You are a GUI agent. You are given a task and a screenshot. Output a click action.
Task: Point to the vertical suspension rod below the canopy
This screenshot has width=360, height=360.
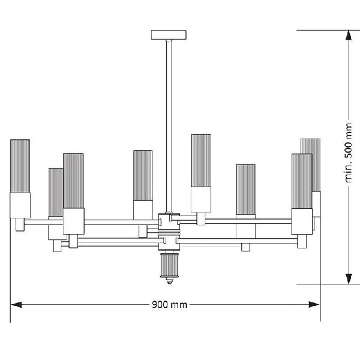pyautogui.click(x=169, y=120)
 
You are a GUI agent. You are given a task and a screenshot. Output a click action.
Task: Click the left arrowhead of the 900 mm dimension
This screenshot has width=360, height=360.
pyautogui.click(x=17, y=304)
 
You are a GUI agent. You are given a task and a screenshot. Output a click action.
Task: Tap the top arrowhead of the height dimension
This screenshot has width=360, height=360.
pyautogui.click(x=347, y=35)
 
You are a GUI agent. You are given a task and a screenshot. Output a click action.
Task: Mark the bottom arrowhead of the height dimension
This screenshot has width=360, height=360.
pyautogui.click(x=347, y=278)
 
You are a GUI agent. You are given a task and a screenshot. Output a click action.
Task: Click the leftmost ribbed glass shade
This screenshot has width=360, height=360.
pyautogui.click(x=20, y=166)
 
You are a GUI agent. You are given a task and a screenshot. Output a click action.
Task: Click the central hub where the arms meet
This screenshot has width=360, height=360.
pyautogui.click(x=169, y=231)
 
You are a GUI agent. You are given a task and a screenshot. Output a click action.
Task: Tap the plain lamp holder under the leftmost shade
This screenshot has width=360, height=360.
pyautogui.click(x=20, y=205)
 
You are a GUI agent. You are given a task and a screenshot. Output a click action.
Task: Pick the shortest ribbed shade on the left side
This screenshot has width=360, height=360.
pyautogui.click(x=55, y=192)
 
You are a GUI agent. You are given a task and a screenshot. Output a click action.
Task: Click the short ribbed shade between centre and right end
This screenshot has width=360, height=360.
pyautogui.click(x=245, y=190)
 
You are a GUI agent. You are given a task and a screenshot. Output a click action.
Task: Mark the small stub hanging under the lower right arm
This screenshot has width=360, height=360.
pyautogui.click(x=245, y=247)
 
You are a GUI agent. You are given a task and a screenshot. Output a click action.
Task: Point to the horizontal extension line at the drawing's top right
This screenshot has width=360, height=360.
pyautogui.click(x=327, y=29)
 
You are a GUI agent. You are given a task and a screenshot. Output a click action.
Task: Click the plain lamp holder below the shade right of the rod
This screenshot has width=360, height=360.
pyautogui.click(x=201, y=199)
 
